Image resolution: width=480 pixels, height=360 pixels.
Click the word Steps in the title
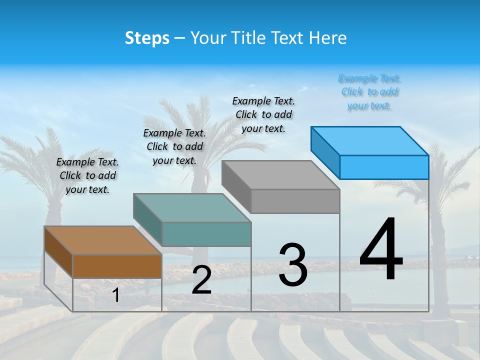point(147,38)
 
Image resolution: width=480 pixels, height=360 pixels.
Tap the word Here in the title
point(328,38)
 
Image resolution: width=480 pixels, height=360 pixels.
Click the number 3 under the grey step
point(293,265)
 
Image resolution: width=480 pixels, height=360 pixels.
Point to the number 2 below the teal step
point(201,280)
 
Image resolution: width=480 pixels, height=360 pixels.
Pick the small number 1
point(116,295)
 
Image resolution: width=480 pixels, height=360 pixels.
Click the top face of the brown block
point(103,240)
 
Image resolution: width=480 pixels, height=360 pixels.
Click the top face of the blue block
point(369,141)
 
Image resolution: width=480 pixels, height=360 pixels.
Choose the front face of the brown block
point(117,266)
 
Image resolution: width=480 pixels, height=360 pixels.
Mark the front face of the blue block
point(384,167)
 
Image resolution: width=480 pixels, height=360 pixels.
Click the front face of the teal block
point(206,234)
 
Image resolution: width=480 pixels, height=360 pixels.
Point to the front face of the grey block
point(295,201)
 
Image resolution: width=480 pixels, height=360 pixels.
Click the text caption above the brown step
point(87,176)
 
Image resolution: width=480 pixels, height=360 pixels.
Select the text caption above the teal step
point(174,146)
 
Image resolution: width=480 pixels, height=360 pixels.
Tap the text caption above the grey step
point(263,114)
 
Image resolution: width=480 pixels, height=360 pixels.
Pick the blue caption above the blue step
point(369,92)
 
